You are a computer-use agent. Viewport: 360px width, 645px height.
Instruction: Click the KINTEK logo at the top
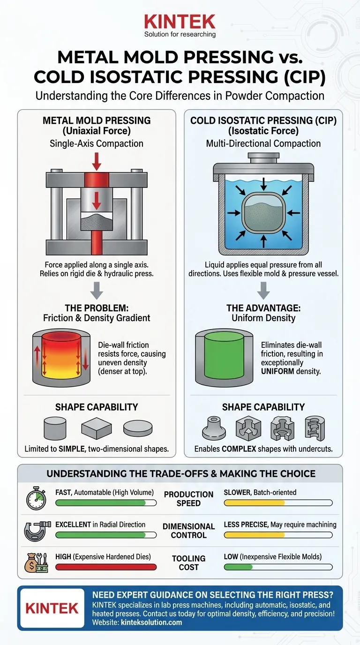(x=180, y=22)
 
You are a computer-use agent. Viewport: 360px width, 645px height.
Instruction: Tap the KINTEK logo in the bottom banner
(x=52, y=608)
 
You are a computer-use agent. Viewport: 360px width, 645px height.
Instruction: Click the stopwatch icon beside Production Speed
(x=36, y=499)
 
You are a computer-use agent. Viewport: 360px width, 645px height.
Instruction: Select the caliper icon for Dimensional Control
(x=36, y=531)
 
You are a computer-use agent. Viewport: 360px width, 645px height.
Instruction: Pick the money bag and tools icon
(x=36, y=562)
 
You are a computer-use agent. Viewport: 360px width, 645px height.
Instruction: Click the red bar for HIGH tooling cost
(x=105, y=567)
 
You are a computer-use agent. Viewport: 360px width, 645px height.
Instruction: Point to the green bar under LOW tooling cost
(x=238, y=567)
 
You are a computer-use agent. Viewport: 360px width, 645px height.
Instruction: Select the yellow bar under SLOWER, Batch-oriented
(x=254, y=503)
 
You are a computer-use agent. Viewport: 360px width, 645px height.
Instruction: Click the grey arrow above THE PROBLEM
(x=97, y=291)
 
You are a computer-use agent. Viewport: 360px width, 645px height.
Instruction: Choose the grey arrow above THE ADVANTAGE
(x=263, y=291)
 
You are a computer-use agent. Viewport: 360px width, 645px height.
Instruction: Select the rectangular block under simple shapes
(x=96, y=427)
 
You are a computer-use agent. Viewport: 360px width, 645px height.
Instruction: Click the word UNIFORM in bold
(x=278, y=371)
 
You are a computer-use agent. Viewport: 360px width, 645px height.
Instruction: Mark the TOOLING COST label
(x=188, y=562)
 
